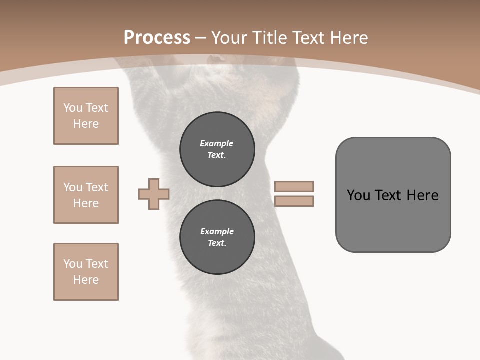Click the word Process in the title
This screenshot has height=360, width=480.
(157, 37)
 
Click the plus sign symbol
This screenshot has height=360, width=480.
(154, 194)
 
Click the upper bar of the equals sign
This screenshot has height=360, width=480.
(294, 186)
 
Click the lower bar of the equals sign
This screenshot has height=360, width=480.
(294, 201)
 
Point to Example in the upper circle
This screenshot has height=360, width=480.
(217, 143)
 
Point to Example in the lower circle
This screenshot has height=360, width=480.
(217, 231)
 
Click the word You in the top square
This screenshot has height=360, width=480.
(73, 108)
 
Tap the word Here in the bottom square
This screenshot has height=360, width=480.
(86, 280)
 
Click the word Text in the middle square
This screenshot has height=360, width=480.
(97, 187)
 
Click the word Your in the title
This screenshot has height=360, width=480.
(229, 37)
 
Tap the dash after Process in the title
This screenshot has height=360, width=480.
(201, 38)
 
